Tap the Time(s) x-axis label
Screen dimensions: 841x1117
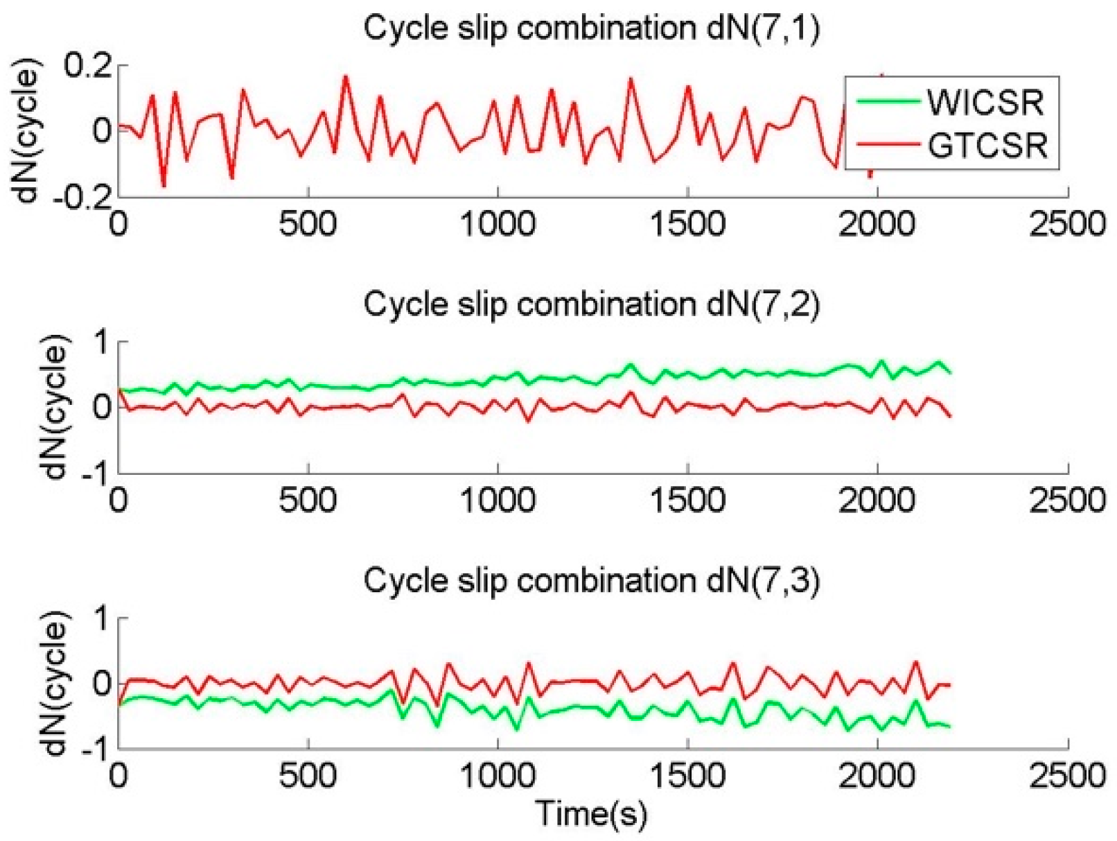(591, 813)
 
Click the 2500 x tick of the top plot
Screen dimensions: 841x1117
(1067, 225)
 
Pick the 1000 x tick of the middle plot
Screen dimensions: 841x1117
(498, 499)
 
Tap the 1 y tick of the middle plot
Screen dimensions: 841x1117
(101, 342)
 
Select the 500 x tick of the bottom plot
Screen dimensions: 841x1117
(308, 774)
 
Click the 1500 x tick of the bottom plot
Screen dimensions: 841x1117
(687, 774)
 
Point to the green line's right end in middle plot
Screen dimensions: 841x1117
(949, 373)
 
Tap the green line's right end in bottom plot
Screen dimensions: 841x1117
(949, 727)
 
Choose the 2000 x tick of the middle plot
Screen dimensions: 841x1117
(877, 499)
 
